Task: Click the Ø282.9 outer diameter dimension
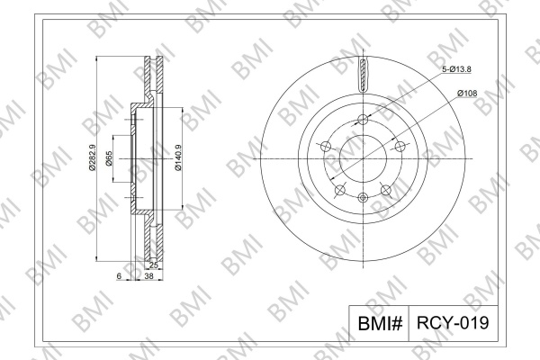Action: pos(93,157)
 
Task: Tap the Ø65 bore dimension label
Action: pos(109,158)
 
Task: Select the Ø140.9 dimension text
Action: pos(178,157)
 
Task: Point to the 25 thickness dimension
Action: pos(154,265)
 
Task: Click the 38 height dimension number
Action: pos(148,275)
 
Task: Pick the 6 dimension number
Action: pos(119,275)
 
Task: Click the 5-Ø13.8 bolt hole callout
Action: pos(456,69)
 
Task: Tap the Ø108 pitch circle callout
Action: pos(467,93)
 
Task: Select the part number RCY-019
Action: pos(453,323)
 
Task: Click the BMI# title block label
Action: pos(380,323)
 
